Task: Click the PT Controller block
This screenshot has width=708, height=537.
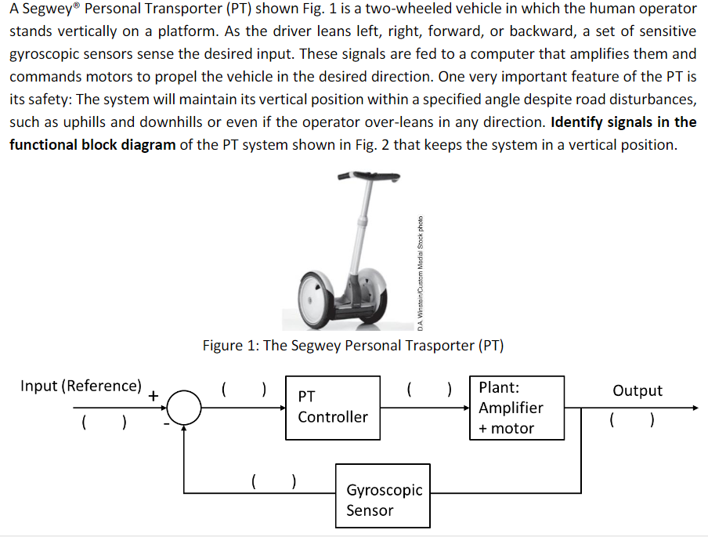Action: [x=332, y=408]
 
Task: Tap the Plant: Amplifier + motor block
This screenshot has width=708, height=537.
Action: [x=516, y=408]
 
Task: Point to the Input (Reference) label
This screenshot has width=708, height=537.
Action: [x=81, y=386]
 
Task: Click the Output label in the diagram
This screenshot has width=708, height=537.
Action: [x=637, y=390]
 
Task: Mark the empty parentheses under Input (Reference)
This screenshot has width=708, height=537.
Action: [x=103, y=424]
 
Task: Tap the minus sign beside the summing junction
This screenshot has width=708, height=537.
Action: [x=165, y=423]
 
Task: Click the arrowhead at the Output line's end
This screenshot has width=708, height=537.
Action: [x=692, y=408]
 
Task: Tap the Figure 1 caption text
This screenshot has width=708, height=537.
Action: [x=353, y=345]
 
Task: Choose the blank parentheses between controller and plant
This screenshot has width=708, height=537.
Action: [x=429, y=388]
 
